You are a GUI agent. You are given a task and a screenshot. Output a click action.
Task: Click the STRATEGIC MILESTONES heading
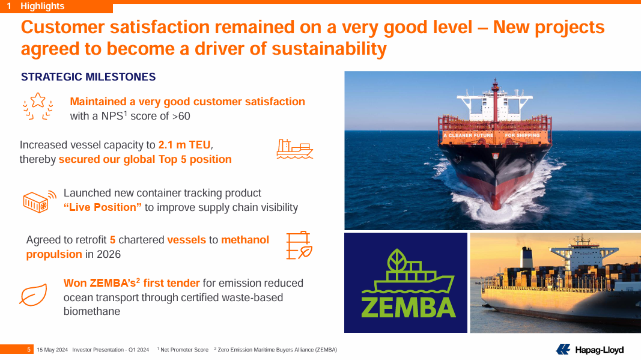point(88,77)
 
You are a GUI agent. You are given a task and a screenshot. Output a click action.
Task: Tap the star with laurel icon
point(38,106)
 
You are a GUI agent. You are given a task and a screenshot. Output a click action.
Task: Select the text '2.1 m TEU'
point(184,145)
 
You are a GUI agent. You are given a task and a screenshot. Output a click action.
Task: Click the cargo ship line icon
point(295,149)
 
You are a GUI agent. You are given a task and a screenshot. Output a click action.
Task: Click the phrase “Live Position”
point(103,207)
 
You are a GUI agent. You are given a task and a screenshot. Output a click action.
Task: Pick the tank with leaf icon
point(299,245)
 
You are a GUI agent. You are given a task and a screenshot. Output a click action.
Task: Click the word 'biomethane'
point(92,311)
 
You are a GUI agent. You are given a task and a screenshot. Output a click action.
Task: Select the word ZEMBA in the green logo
point(409,308)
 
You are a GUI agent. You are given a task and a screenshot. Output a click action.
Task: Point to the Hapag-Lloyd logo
point(590,349)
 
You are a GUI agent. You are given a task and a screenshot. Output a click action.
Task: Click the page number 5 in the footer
point(29,349)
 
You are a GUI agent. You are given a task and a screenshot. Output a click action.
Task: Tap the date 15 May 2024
point(52,350)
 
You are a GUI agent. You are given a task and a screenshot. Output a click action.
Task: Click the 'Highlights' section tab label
point(43,6)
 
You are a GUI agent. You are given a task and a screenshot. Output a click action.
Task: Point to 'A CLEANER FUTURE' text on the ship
point(469,135)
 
